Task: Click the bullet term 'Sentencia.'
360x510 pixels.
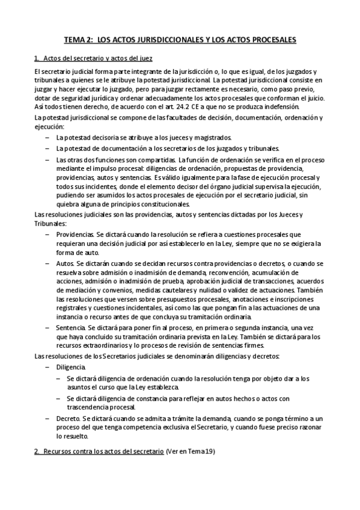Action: point(71,327)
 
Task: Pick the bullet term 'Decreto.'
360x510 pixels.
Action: point(69,417)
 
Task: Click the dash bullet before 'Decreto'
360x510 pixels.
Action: point(47,417)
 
